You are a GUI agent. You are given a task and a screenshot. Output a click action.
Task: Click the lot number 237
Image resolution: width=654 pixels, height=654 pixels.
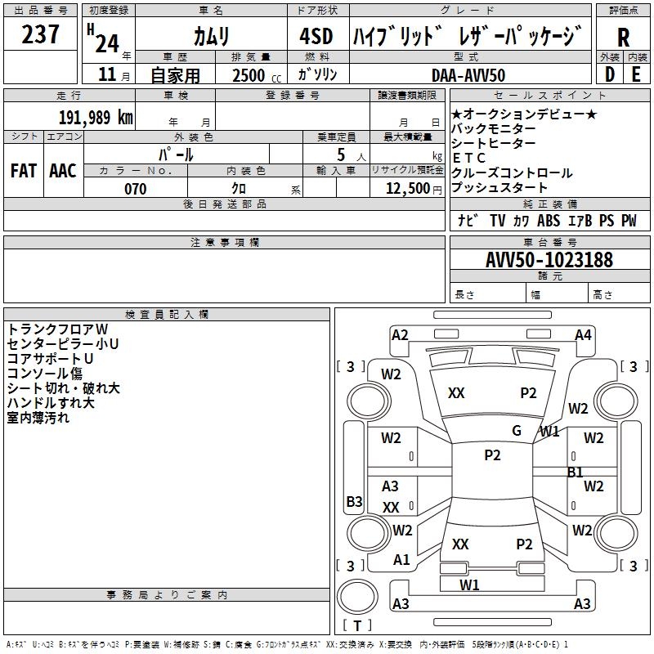point(40,35)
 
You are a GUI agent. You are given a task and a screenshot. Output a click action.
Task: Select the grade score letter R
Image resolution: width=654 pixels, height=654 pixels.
point(623,38)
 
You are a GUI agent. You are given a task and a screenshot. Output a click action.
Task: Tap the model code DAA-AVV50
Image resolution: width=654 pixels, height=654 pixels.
point(468,75)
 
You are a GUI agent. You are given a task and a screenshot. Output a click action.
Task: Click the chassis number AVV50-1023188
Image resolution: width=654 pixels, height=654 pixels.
point(549,260)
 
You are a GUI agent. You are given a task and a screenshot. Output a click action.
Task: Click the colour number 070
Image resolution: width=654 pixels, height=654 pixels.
point(135,189)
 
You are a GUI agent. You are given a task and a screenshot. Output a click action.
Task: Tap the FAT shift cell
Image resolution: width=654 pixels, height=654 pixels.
point(24,171)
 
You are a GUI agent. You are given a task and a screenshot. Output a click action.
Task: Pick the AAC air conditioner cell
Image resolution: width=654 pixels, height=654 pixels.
point(63,171)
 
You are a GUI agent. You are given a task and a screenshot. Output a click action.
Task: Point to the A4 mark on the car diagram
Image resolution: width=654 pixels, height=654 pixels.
point(583,335)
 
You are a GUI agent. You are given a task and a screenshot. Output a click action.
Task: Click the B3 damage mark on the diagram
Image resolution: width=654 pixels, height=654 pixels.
point(354,502)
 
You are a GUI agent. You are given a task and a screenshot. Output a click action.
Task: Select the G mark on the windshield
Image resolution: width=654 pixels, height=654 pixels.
point(517,431)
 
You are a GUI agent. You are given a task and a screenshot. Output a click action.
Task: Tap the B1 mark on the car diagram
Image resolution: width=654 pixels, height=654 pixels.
point(576,473)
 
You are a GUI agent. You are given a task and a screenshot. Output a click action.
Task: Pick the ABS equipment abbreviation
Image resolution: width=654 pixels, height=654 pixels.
point(549,221)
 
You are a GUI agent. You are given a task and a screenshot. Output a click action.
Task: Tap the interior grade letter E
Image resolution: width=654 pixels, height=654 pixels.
point(636,74)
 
